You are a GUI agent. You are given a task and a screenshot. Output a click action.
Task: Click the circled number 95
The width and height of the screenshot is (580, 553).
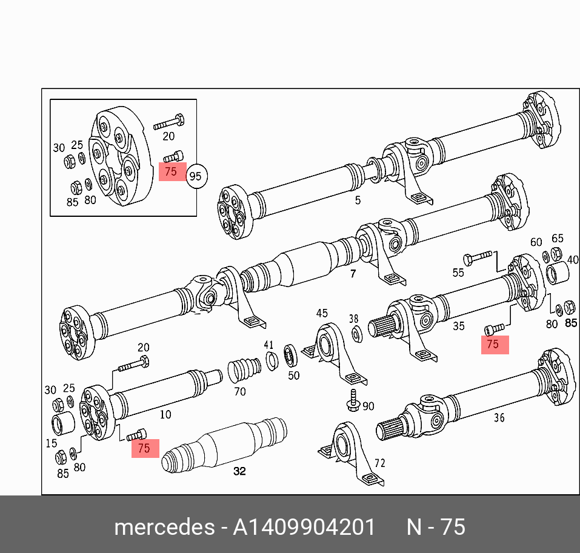tap(196, 177)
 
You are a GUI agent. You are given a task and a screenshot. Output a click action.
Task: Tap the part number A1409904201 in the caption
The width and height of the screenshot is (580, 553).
tap(305, 527)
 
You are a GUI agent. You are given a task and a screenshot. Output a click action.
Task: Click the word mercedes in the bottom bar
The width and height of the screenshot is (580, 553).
tap(164, 527)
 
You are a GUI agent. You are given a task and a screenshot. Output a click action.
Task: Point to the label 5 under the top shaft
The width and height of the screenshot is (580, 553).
tap(358, 200)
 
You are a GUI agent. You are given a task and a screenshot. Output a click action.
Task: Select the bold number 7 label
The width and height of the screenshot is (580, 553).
tap(353, 274)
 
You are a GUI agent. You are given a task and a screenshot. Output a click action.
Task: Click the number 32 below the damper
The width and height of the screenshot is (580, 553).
tap(240, 471)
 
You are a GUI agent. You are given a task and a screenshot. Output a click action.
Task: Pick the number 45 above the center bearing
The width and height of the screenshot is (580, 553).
tap(321, 313)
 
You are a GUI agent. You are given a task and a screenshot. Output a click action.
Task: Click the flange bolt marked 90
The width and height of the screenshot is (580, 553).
tap(353, 401)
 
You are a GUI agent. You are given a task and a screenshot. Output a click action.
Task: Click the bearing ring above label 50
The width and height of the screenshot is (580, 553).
tap(290, 354)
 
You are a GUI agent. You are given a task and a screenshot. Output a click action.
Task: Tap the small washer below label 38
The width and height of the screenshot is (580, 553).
tap(356, 333)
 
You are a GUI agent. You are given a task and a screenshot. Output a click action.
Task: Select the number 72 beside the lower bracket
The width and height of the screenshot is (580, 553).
tap(379, 463)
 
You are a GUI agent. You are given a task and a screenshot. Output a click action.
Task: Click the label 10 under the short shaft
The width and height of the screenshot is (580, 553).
tap(165, 415)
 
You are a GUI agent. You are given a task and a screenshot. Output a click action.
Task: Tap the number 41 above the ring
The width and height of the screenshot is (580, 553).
tap(268, 345)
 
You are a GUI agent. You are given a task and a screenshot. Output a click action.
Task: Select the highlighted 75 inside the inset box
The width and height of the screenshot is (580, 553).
tap(172, 171)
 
